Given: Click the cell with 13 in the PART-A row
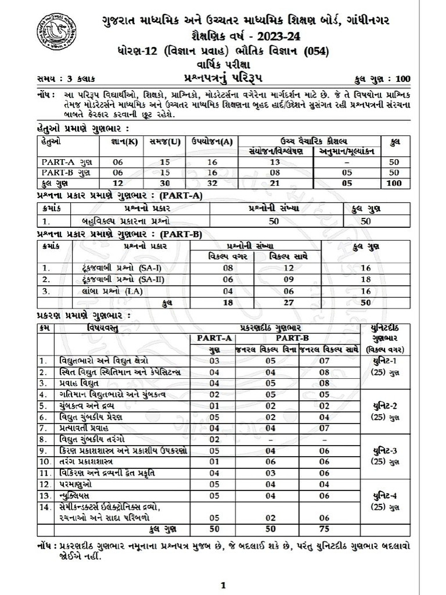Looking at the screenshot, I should coord(275,162).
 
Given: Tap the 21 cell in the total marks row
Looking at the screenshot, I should coord(275,182).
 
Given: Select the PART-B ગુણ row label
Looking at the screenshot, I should coord(66,172).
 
